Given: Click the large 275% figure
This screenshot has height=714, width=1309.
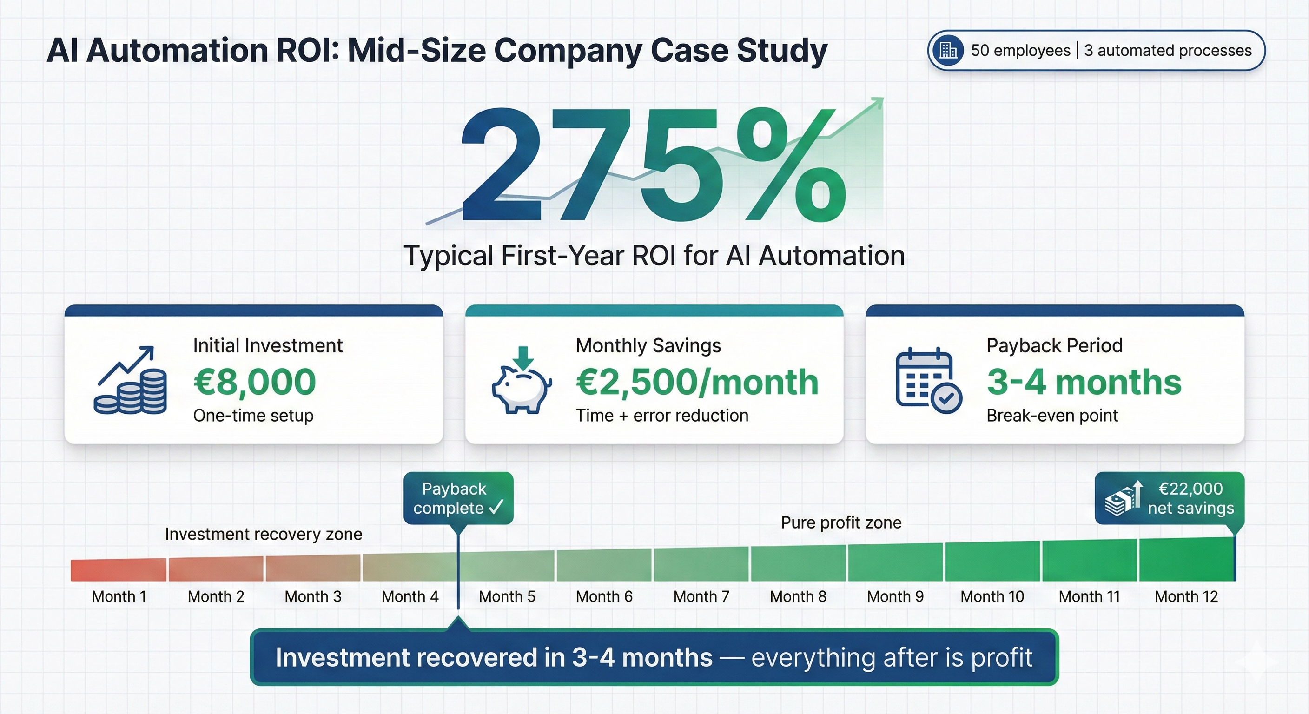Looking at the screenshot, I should click(653, 165).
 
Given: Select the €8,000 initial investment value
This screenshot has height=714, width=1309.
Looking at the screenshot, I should click(255, 382).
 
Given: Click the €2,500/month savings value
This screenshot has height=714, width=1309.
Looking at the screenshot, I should click(697, 382).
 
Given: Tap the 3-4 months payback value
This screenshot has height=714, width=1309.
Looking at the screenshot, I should click(1084, 382).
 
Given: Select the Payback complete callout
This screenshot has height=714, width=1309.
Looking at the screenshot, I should click(458, 498).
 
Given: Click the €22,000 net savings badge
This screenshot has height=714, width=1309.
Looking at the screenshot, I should click(1169, 498).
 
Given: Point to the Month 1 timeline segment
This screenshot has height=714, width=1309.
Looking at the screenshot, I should click(119, 570).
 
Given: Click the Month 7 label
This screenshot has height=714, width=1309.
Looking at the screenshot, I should click(701, 596).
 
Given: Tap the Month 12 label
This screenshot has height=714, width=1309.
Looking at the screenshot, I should click(1186, 596).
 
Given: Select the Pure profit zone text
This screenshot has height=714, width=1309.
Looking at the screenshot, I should click(841, 522).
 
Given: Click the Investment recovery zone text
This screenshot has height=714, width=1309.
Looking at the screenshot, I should click(263, 534).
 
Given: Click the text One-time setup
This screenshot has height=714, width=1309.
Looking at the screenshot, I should click(253, 416).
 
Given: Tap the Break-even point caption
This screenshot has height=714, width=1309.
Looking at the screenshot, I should click(1052, 416).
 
